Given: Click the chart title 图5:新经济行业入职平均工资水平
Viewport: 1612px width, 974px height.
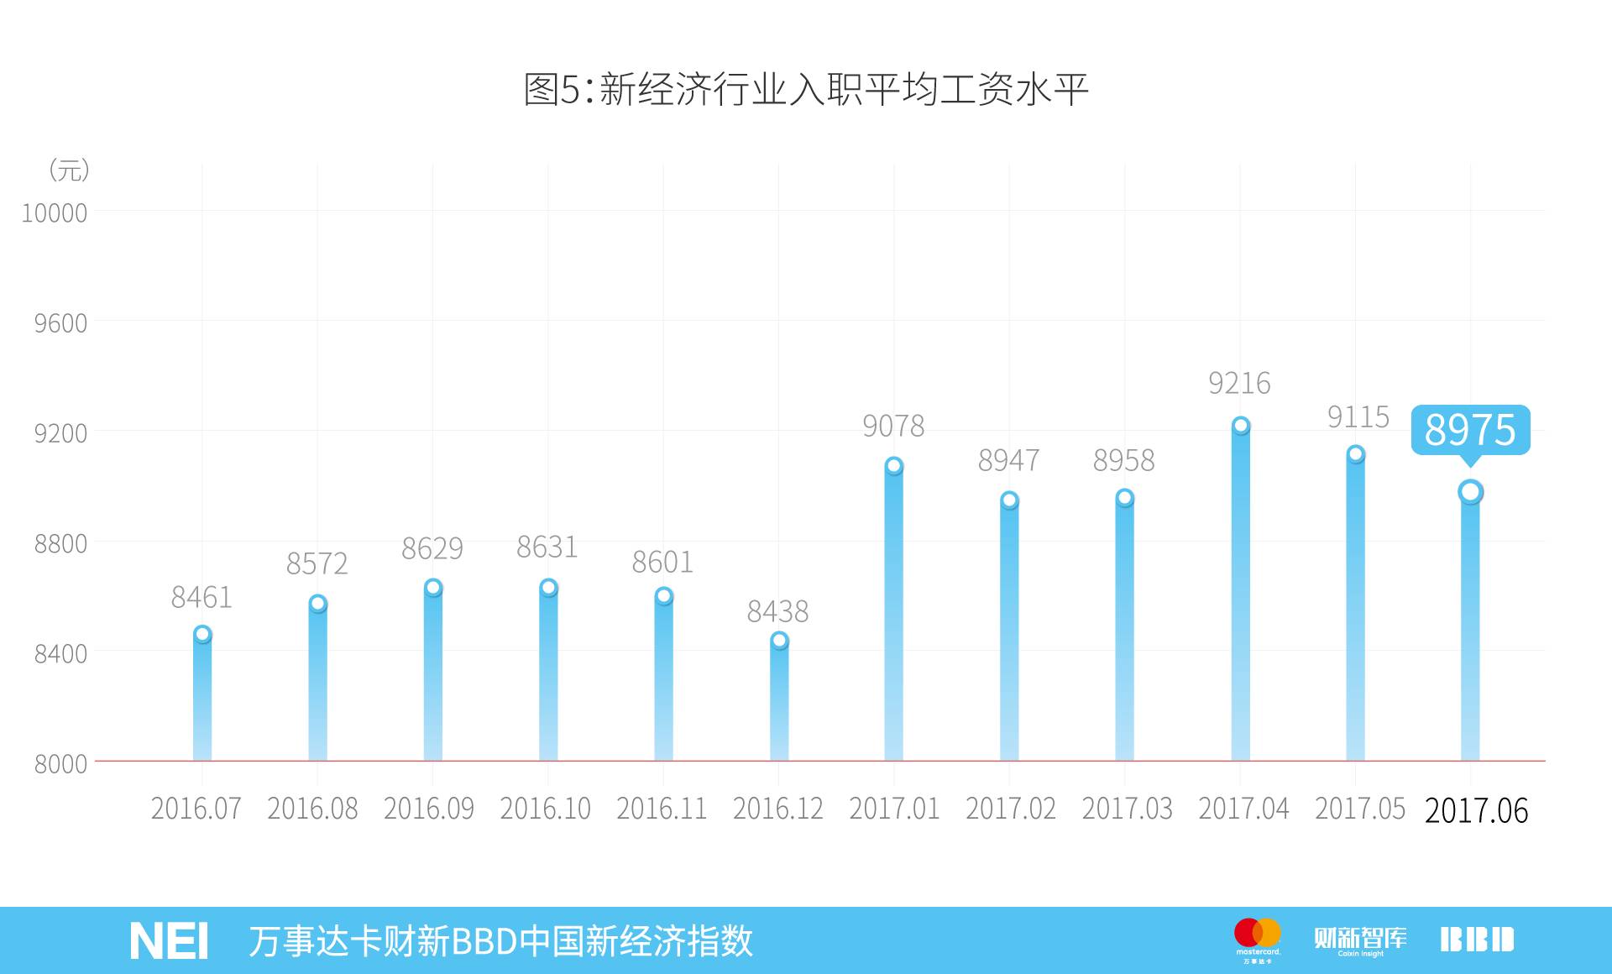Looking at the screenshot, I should [806, 90].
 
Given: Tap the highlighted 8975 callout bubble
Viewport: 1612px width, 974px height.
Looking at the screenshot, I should [1470, 430].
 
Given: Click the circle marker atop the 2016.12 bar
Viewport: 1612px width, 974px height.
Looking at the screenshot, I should [779, 641].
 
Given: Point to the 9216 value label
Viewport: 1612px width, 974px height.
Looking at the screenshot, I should [1239, 384].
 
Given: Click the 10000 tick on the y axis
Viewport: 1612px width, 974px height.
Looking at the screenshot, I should [55, 213].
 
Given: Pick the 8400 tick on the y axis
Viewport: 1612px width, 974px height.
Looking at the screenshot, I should [60, 653].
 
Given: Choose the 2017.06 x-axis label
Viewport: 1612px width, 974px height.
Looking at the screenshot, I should [1476, 810].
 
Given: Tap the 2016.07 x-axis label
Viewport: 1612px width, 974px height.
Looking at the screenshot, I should [196, 809].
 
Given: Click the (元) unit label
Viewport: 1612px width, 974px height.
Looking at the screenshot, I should [69, 170].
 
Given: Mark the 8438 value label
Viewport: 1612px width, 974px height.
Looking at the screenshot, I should [777, 611].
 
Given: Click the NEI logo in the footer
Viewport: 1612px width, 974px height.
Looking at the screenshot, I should [169, 941].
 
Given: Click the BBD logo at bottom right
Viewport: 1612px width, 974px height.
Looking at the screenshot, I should [1477, 940].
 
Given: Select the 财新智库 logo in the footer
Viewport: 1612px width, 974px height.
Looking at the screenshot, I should [1360, 940].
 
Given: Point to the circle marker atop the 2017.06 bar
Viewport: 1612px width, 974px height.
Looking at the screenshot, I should [1470, 492].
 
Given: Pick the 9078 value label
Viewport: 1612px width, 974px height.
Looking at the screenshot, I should [893, 427].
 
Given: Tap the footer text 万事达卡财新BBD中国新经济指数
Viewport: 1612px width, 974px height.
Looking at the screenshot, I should [500, 941].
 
